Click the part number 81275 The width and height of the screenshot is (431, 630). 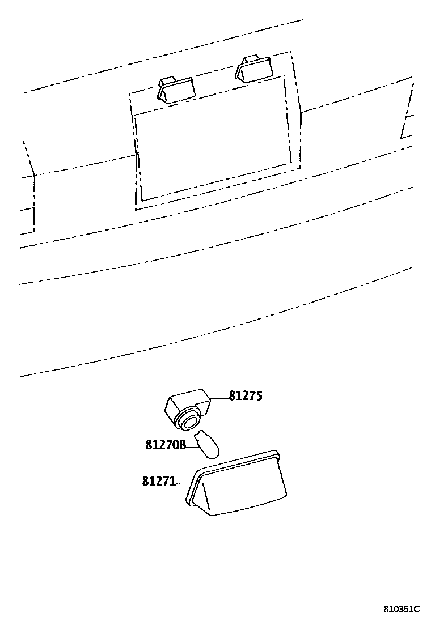coord(246,396)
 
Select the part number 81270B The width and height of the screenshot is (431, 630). coord(166,445)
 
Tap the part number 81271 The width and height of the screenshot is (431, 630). coord(159,482)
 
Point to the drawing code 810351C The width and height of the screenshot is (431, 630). coord(402,610)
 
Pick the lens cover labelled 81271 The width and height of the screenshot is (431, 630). coord(238,484)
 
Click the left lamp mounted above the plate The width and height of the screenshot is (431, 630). coord(175,90)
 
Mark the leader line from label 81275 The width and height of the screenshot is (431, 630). coord(220,397)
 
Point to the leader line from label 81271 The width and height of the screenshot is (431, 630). coord(183,483)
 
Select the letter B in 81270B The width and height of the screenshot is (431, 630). coord(182,445)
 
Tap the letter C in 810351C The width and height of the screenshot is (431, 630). coord(416,610)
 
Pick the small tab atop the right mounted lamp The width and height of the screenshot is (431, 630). coord(248,59)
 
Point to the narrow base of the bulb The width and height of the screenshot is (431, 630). coord(198,438)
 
